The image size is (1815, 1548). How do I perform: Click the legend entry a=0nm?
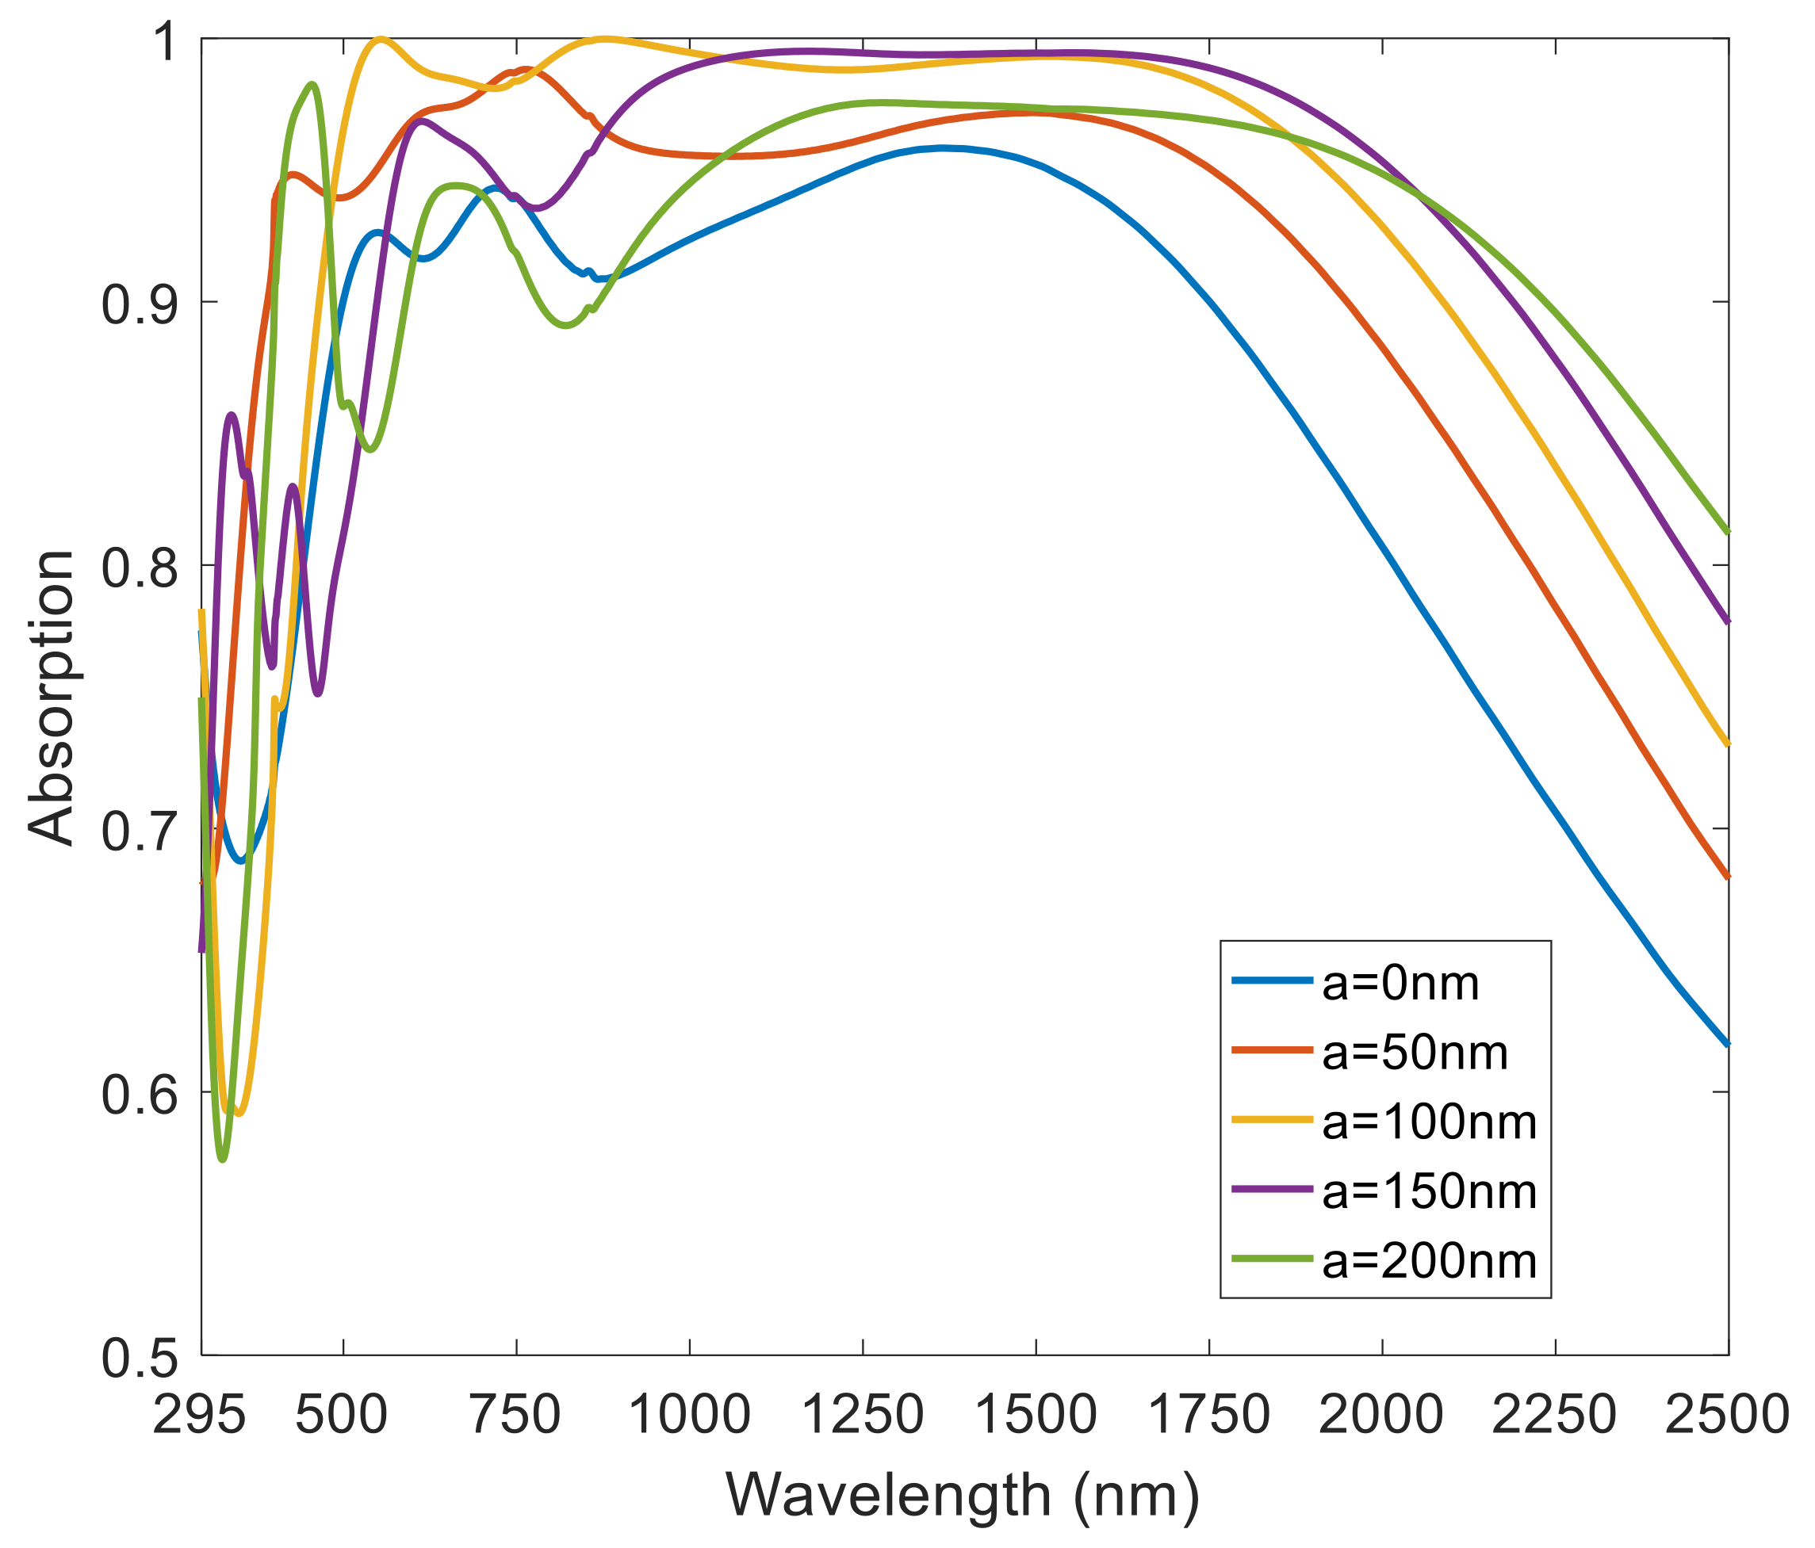pyautogui.click(x=1400, y=984)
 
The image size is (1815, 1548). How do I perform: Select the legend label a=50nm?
pyautogui.click(x=1415, y=1053)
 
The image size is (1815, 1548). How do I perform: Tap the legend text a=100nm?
pyautogui.click(x=1429, y=1123)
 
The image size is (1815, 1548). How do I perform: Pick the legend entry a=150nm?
pyautogui.click(x=1429, y=1193)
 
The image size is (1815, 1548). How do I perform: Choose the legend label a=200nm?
pyautogui.click(x=1429, y=1262)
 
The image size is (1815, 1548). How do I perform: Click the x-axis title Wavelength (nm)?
pyautogui.click(x=963, y=1496)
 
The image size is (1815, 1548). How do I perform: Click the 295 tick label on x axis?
pyautogui.click(x=199, y=1415)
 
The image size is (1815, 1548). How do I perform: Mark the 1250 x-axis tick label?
pyautogui.click(x=863, y=1415)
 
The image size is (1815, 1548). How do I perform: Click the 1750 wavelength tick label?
pyautogui.click(x=1209, y=1415)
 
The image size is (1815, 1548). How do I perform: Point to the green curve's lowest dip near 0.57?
pyautogui.click(x=223, y=1160)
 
